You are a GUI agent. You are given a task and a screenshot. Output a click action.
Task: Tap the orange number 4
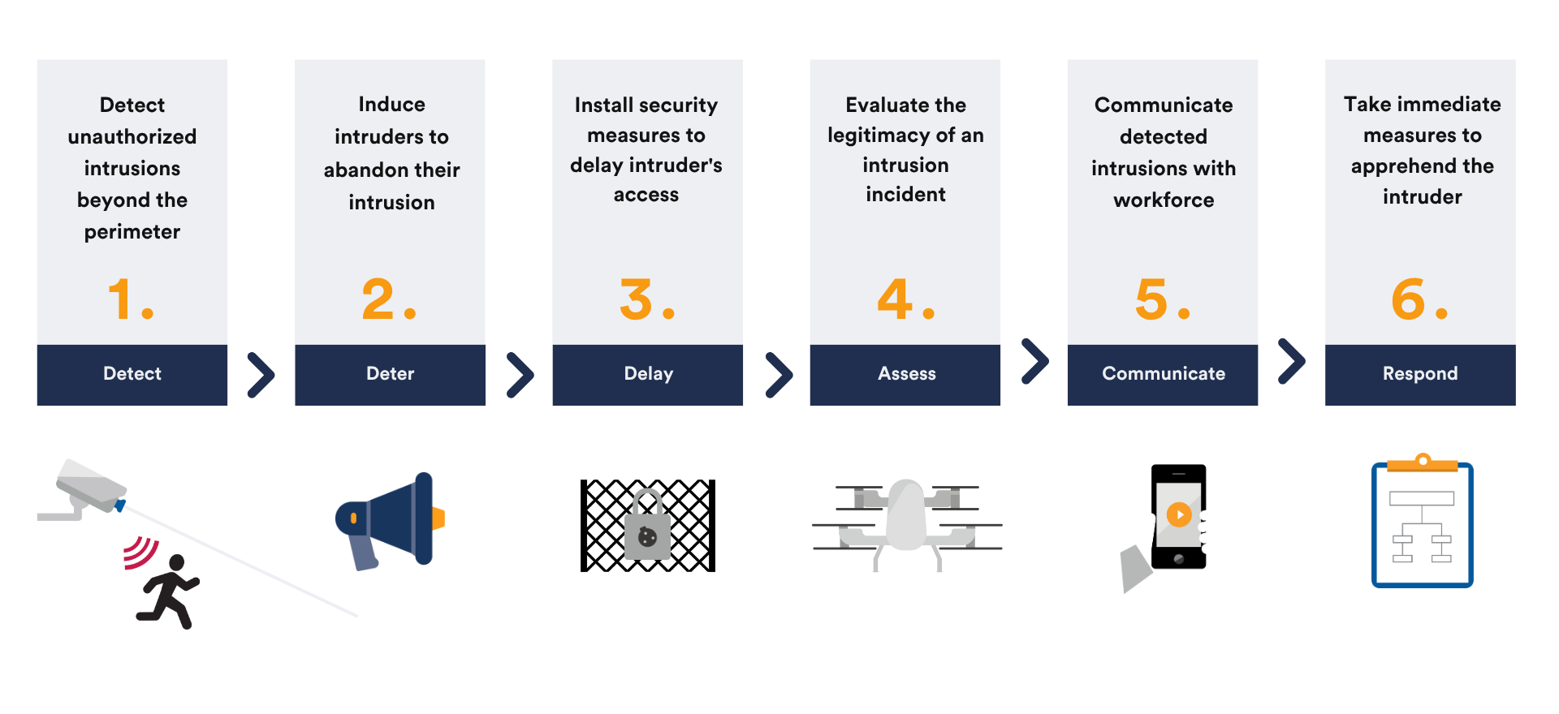tap(895, 299)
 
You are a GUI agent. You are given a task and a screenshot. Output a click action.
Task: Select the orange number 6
tap(1409, 299)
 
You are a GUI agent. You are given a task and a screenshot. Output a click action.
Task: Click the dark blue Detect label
tap(132, 374)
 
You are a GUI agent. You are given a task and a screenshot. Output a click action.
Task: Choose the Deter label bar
tap(390, 374)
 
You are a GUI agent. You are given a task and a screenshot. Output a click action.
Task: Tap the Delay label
tap(648, 374)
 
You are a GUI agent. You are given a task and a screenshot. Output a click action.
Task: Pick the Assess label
tap(905, 374)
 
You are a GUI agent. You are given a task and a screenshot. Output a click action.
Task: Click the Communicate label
tap(1163, 374)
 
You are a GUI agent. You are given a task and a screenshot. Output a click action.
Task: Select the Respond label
tap(1420, 374)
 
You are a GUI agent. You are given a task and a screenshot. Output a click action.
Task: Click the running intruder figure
tap(169, 591)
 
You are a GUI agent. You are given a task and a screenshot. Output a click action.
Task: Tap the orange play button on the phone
tap(1179, 514)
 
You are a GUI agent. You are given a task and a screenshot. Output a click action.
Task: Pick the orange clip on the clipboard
tap(1423, 463)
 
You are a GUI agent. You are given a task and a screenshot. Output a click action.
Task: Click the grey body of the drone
tap(906, 514)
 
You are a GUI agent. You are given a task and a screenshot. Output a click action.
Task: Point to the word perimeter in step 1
tap(132, 233)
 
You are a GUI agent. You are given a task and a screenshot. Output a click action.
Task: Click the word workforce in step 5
tap(1164, 200)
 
